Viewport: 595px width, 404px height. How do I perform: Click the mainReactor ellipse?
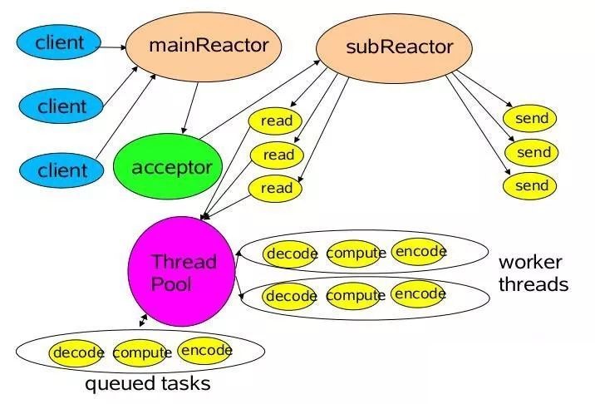click(208, 47)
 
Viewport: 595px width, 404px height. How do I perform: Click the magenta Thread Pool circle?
click(182, 273)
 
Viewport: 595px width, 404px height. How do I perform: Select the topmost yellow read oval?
click(276, 121)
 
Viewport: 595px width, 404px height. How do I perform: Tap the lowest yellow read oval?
click(276, 188)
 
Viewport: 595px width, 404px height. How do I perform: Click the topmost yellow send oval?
click(531, 119)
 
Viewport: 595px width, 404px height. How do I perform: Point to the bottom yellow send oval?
click(531, 185)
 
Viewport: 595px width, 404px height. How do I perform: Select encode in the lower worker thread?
click(419, 293)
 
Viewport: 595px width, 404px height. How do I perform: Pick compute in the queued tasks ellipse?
click(141, 353)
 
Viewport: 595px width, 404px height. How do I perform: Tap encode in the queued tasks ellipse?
click(205, 350)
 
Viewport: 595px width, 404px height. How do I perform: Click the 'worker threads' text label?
click(533, 273)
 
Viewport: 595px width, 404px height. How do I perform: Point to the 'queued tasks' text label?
click(147, 384)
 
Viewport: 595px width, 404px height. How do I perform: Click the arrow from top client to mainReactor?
click(111, 47)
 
